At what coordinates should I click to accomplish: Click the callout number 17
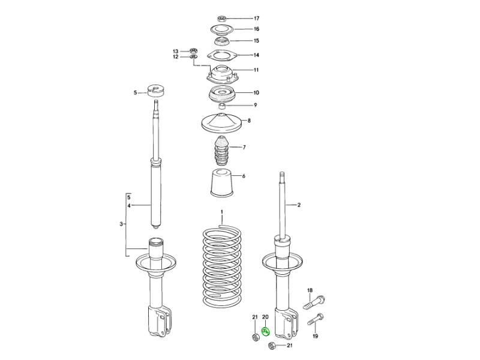coord(257,19)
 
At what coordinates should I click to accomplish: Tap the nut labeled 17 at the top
coord(222,19)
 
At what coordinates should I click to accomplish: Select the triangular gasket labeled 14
coord(222,56)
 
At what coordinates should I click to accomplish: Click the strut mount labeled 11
coord(222,74)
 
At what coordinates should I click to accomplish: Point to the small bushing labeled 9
coord(222,106)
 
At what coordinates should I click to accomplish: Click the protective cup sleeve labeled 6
coord(222,183)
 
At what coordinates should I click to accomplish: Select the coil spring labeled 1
coord(222,266)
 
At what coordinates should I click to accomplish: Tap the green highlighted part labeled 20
coord(265,332)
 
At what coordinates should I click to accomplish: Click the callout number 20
coord(265,317)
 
